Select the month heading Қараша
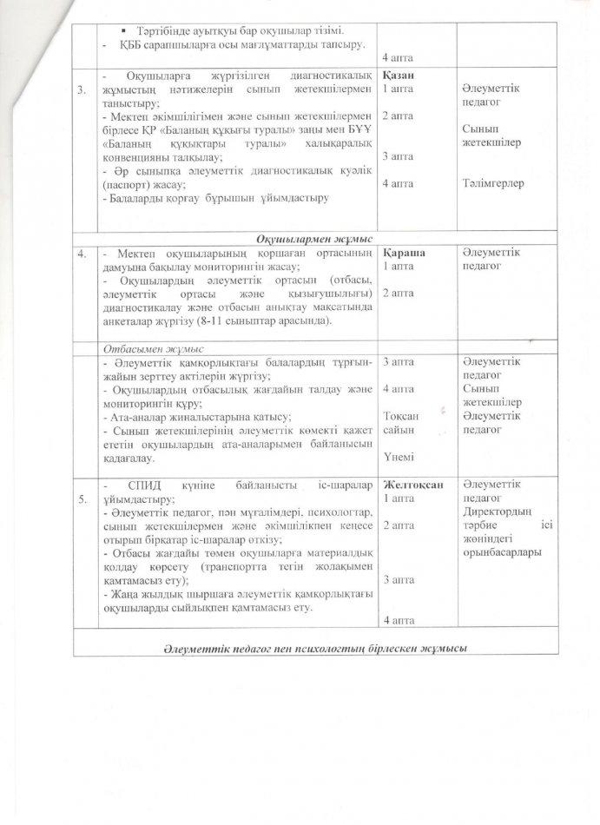coord(400,251)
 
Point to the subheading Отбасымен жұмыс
coord(141,347)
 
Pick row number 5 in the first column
coord(82,499)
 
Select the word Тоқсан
coord(400,416)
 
